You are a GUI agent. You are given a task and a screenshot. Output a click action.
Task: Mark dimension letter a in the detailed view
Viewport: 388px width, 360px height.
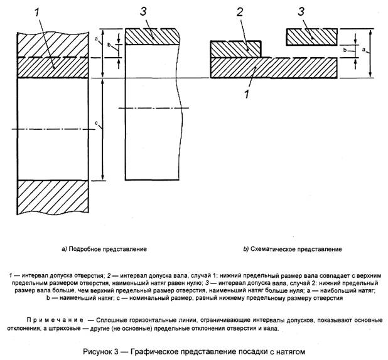[95, 40]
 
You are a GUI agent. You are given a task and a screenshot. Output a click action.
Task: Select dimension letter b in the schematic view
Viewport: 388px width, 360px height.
[345, 50]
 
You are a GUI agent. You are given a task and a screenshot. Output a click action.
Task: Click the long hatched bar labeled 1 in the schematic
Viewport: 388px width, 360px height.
[274, 66]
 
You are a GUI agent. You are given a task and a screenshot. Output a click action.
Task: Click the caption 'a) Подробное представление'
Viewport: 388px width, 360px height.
[104, 249]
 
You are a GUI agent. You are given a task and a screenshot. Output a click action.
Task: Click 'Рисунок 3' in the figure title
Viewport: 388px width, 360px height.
[104, 349]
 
